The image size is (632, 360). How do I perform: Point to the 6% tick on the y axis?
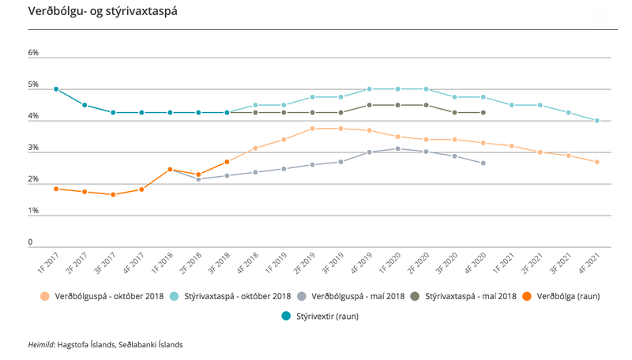[33, 53]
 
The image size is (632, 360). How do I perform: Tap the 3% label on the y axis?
[33, 148]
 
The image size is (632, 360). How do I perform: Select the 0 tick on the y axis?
[31, 242]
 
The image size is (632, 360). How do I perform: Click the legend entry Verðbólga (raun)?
[568, 297]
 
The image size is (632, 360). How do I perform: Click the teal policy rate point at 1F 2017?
[56, 89]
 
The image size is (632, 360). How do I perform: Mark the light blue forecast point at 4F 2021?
[597, 121]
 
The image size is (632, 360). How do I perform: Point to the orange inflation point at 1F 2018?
[170, 170]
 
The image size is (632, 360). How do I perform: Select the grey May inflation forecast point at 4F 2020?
[483, 163]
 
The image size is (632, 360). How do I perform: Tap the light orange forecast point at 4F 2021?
[597, 162]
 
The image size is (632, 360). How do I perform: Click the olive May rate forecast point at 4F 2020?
[483, 113]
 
